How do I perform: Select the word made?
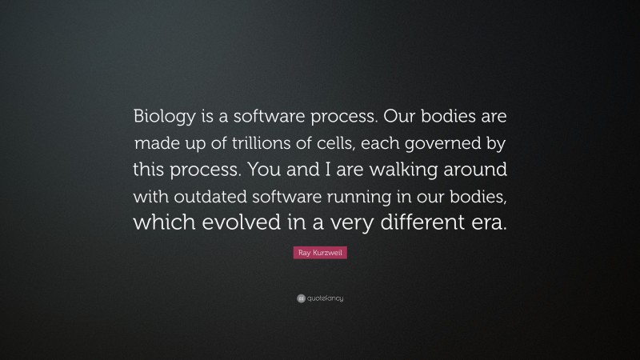coord(158,145)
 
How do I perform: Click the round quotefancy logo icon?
coord(300,298)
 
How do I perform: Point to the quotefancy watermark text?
coord(325,298)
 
